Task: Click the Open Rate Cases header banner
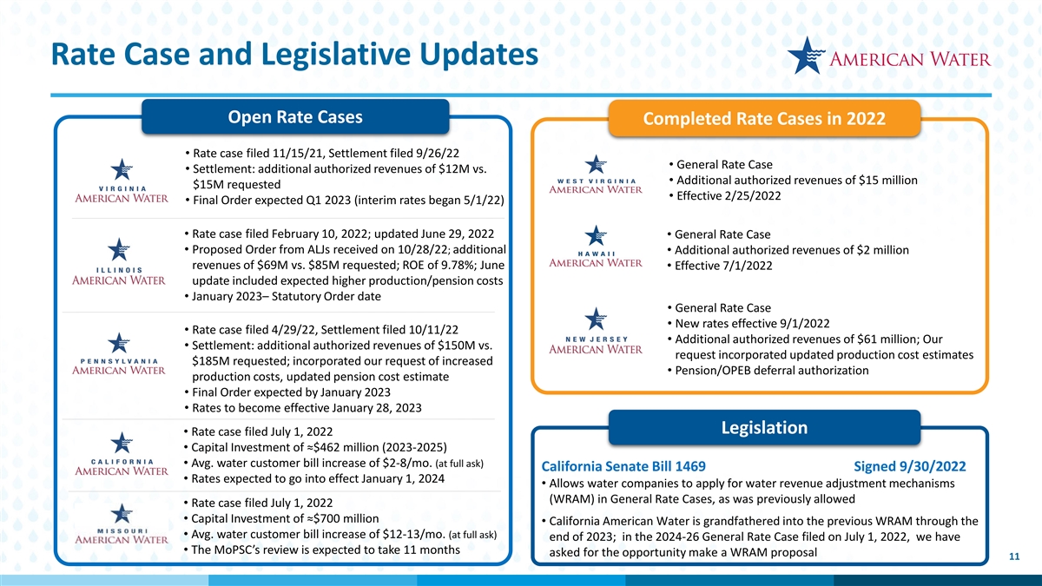pos(295,116)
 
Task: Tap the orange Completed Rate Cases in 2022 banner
pos(764,119)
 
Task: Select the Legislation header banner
pos(764,427)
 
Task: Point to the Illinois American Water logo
pos(119,262)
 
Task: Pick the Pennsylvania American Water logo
pos(119,354)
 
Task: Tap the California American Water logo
pos(122,454)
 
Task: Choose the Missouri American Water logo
pos(122,524)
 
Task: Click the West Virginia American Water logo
pos(596,174)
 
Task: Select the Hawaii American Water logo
pos(596,247)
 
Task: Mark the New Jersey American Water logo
pos(596,331)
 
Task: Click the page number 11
pos(1014,556)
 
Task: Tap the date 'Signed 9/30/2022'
pos(909,466)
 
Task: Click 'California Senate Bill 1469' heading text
pos(623,466)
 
